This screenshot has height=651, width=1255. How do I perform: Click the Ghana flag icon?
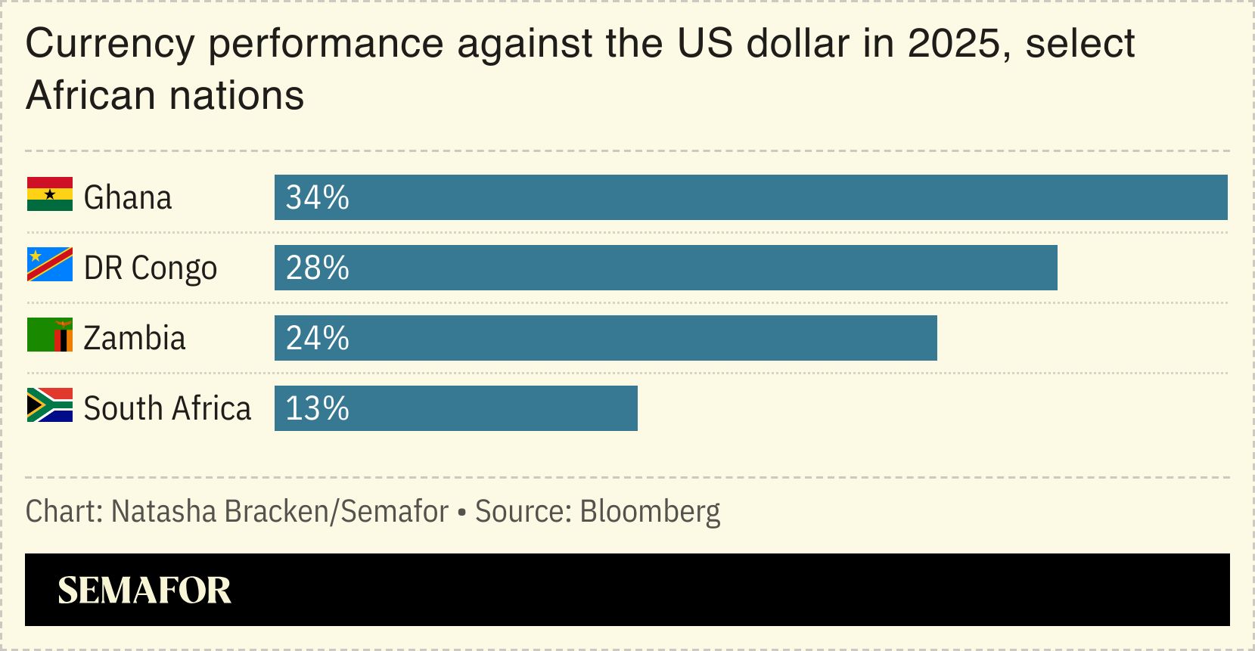[49, 194]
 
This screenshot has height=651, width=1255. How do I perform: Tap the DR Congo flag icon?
[49, 265]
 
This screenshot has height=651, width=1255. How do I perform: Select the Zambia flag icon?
[49, 335]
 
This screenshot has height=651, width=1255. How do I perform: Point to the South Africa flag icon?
[49, 405]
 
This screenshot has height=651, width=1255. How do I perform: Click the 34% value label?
[317, 198]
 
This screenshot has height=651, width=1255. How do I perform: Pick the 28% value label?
[317, 268]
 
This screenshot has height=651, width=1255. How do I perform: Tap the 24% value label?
[317, 339]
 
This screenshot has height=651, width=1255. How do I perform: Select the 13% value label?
[317, 409]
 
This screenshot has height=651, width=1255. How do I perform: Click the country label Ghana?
[128, 198]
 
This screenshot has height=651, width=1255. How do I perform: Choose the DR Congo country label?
[151, 268]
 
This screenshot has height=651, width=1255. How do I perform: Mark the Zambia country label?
[135, 339]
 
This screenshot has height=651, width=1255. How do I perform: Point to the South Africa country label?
[167, 409]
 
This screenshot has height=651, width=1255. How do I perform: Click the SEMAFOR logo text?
[144, 591]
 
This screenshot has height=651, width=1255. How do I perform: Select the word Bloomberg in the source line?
[650, 512]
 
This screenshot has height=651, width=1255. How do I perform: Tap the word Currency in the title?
[110, 43]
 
